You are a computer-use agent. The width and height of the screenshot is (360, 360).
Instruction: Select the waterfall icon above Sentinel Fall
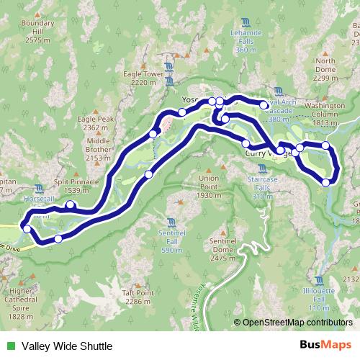171,222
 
